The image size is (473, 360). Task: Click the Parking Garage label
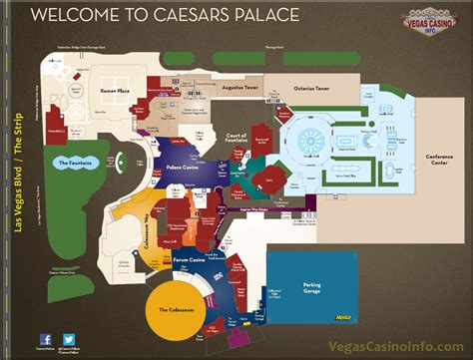[x=305, y=287]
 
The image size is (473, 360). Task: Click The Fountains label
[x=75, y=162]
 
